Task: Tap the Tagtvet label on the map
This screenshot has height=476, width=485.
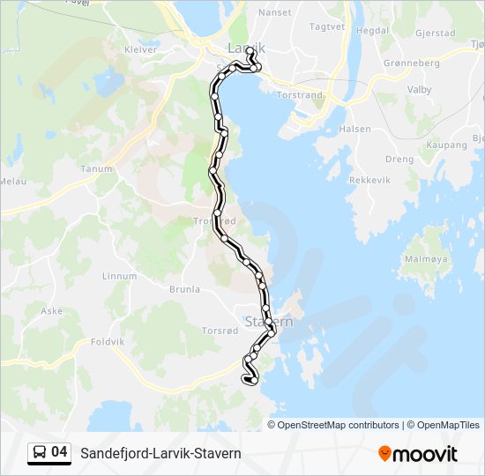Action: [327, 27]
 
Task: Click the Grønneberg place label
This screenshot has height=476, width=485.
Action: [411, 63]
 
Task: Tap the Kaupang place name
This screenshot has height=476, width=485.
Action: [446, 144]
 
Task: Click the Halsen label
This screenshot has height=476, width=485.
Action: [355, 129]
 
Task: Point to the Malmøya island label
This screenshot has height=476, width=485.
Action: [426, 260]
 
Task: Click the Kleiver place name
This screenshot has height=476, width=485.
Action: [141, 49]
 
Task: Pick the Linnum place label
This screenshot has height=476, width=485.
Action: [120, 276]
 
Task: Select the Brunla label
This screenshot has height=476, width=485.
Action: [184, 289]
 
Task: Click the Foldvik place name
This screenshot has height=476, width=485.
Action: [108, 341]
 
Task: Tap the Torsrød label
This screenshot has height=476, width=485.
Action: [220, 331]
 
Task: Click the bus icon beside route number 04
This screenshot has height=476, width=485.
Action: [40, 453]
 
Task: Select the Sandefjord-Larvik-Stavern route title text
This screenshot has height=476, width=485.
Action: [160, 453]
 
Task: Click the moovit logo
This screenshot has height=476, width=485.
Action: [418, 453]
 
